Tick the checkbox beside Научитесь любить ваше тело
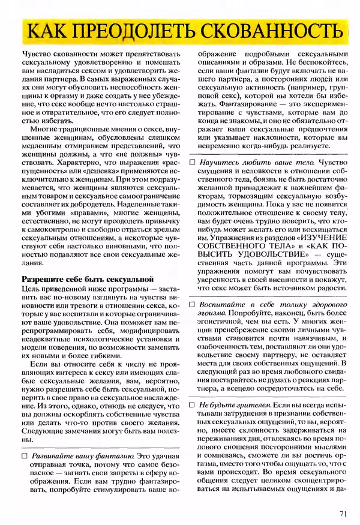[192, 163]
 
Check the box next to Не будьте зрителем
[192, 406]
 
